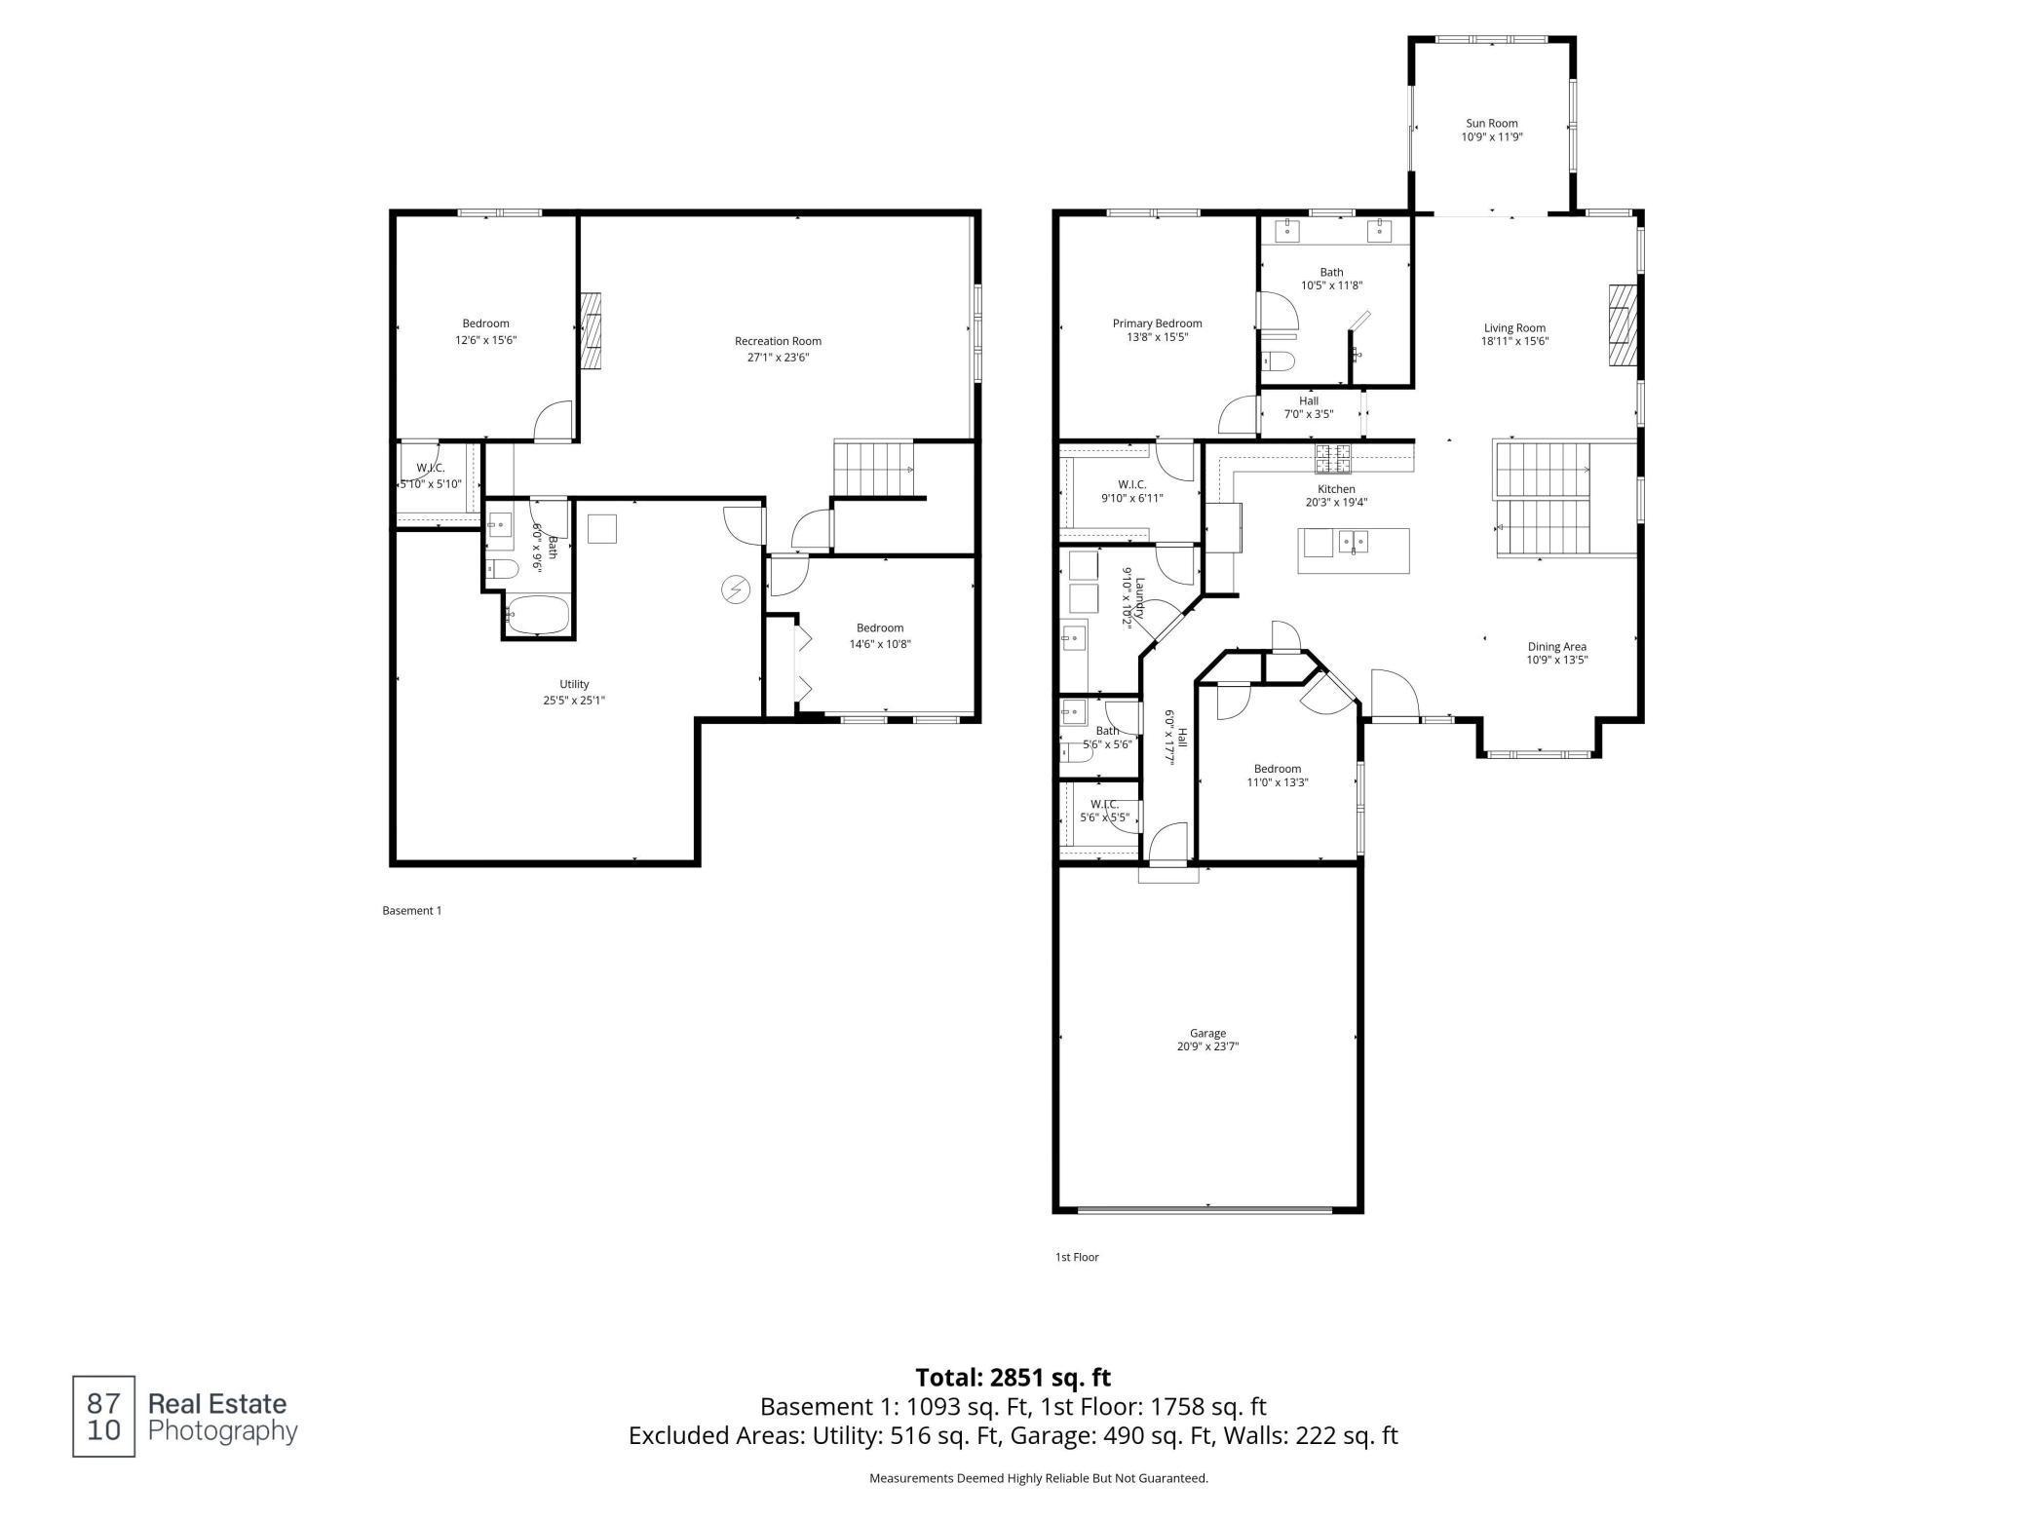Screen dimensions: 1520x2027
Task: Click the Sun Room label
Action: pyautogui.click(x=1491, y=124)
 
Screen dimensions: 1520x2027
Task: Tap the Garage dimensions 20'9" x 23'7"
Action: pyautogui.click(x=1207, y=1047)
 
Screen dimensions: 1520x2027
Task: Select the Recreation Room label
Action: pyautogui.click(x=778, y=341)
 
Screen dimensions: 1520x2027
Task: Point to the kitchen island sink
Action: pyautogui.click(x=1352, y=542)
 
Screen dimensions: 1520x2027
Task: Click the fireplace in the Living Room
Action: pyautogui.click(x=1623, y=338)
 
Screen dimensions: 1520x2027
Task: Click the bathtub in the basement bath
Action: pyautogui.click(x=537, y=616)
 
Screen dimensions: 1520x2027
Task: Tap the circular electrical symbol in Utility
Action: pyautogui.click(x=735, y=589)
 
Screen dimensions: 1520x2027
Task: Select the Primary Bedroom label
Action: pyautogui.click(x=1157, y=323)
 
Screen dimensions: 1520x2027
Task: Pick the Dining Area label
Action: pyautogui.click(x=1556, y=646)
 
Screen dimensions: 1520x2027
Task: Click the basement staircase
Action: pyautogui.click(x=873, y=469)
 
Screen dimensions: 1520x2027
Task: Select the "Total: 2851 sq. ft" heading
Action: pyautogui.click(x=1013, y=1377)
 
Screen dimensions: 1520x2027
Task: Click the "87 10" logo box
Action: pyautogui.click(x=103, y=1416)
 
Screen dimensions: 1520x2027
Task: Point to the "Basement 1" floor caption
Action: pyautogui.click(x=411, y=911)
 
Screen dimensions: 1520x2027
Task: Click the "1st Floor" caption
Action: pyautogui.click(x=1076, y=1257)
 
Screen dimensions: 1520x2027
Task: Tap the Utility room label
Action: pyautogui.click(x=574, y=684)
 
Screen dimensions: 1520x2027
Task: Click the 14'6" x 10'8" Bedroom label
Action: pyautogui.click(x=879, y=628)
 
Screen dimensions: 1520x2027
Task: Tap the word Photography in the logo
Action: pyautogui.click(x=222, y=1431)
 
